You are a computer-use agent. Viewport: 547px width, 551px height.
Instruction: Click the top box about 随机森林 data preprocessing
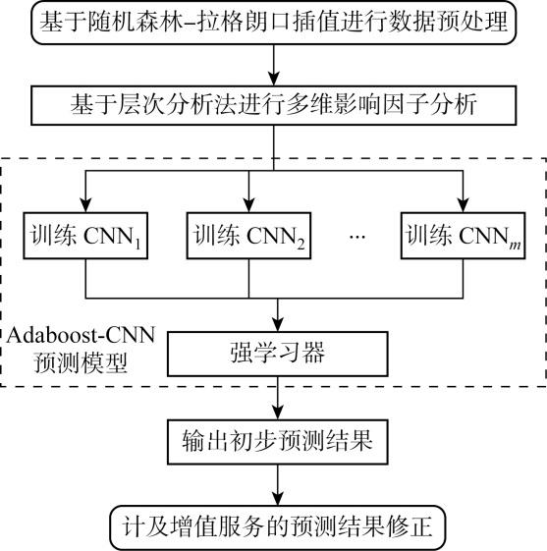tap(274, 23)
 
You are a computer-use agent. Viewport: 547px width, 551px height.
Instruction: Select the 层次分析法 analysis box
tap(274, 105)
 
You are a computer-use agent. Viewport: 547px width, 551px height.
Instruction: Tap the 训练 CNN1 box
tap(85, 236)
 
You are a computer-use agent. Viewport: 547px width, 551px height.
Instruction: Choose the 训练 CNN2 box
tap(248, 236)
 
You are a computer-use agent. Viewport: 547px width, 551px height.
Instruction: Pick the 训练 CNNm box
tap(464, 236)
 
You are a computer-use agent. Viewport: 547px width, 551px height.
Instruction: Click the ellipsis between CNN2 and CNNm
tap(357, 237)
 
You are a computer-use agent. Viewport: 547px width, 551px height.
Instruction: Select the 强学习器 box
tap(278, 354)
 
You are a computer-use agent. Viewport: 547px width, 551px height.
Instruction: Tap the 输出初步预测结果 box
tap(278, 442)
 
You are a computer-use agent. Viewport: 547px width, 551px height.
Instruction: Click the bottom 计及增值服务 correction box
tap(278, 527)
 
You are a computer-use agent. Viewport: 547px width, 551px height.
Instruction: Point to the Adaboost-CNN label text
tap(81, 335)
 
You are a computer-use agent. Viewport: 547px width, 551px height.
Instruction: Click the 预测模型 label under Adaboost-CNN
tap(81, 362)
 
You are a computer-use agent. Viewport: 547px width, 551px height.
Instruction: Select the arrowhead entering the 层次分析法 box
tap(274, 79)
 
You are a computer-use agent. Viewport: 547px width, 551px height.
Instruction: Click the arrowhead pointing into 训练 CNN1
tap(85, 205)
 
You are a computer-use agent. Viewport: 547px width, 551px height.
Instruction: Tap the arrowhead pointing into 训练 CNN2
tap(248, 205)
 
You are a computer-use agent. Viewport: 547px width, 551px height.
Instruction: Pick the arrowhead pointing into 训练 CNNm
tap(464, 205)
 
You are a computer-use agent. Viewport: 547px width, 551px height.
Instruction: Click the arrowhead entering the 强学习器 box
tap(278, 324)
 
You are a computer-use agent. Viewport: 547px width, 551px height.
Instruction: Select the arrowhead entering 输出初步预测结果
tap(278, 412)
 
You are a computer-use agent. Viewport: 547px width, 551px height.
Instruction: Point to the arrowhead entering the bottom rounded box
tap(278, 498)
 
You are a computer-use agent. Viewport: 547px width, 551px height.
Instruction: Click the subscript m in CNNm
tap(515, 245)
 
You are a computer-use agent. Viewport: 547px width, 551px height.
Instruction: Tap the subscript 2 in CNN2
tap(301, 244)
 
